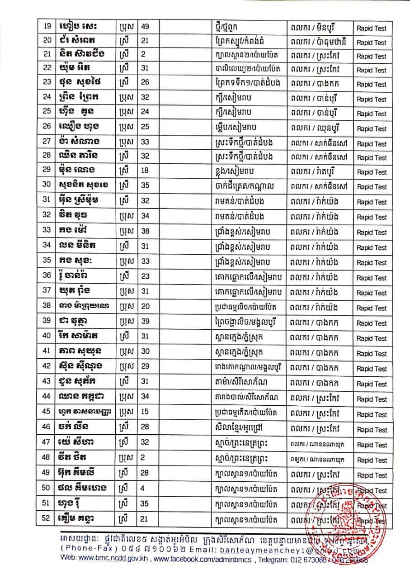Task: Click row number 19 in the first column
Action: pyautogui.click(x=46, y=27)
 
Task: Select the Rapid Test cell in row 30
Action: pyautogui.click(x=372, y=187)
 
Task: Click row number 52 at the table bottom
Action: pyautogui.click(x=46, y=518)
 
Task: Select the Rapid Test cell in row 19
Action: pyautogui.click(x=372, y=28)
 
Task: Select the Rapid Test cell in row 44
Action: pyautogui.click(x=372, y=399)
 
